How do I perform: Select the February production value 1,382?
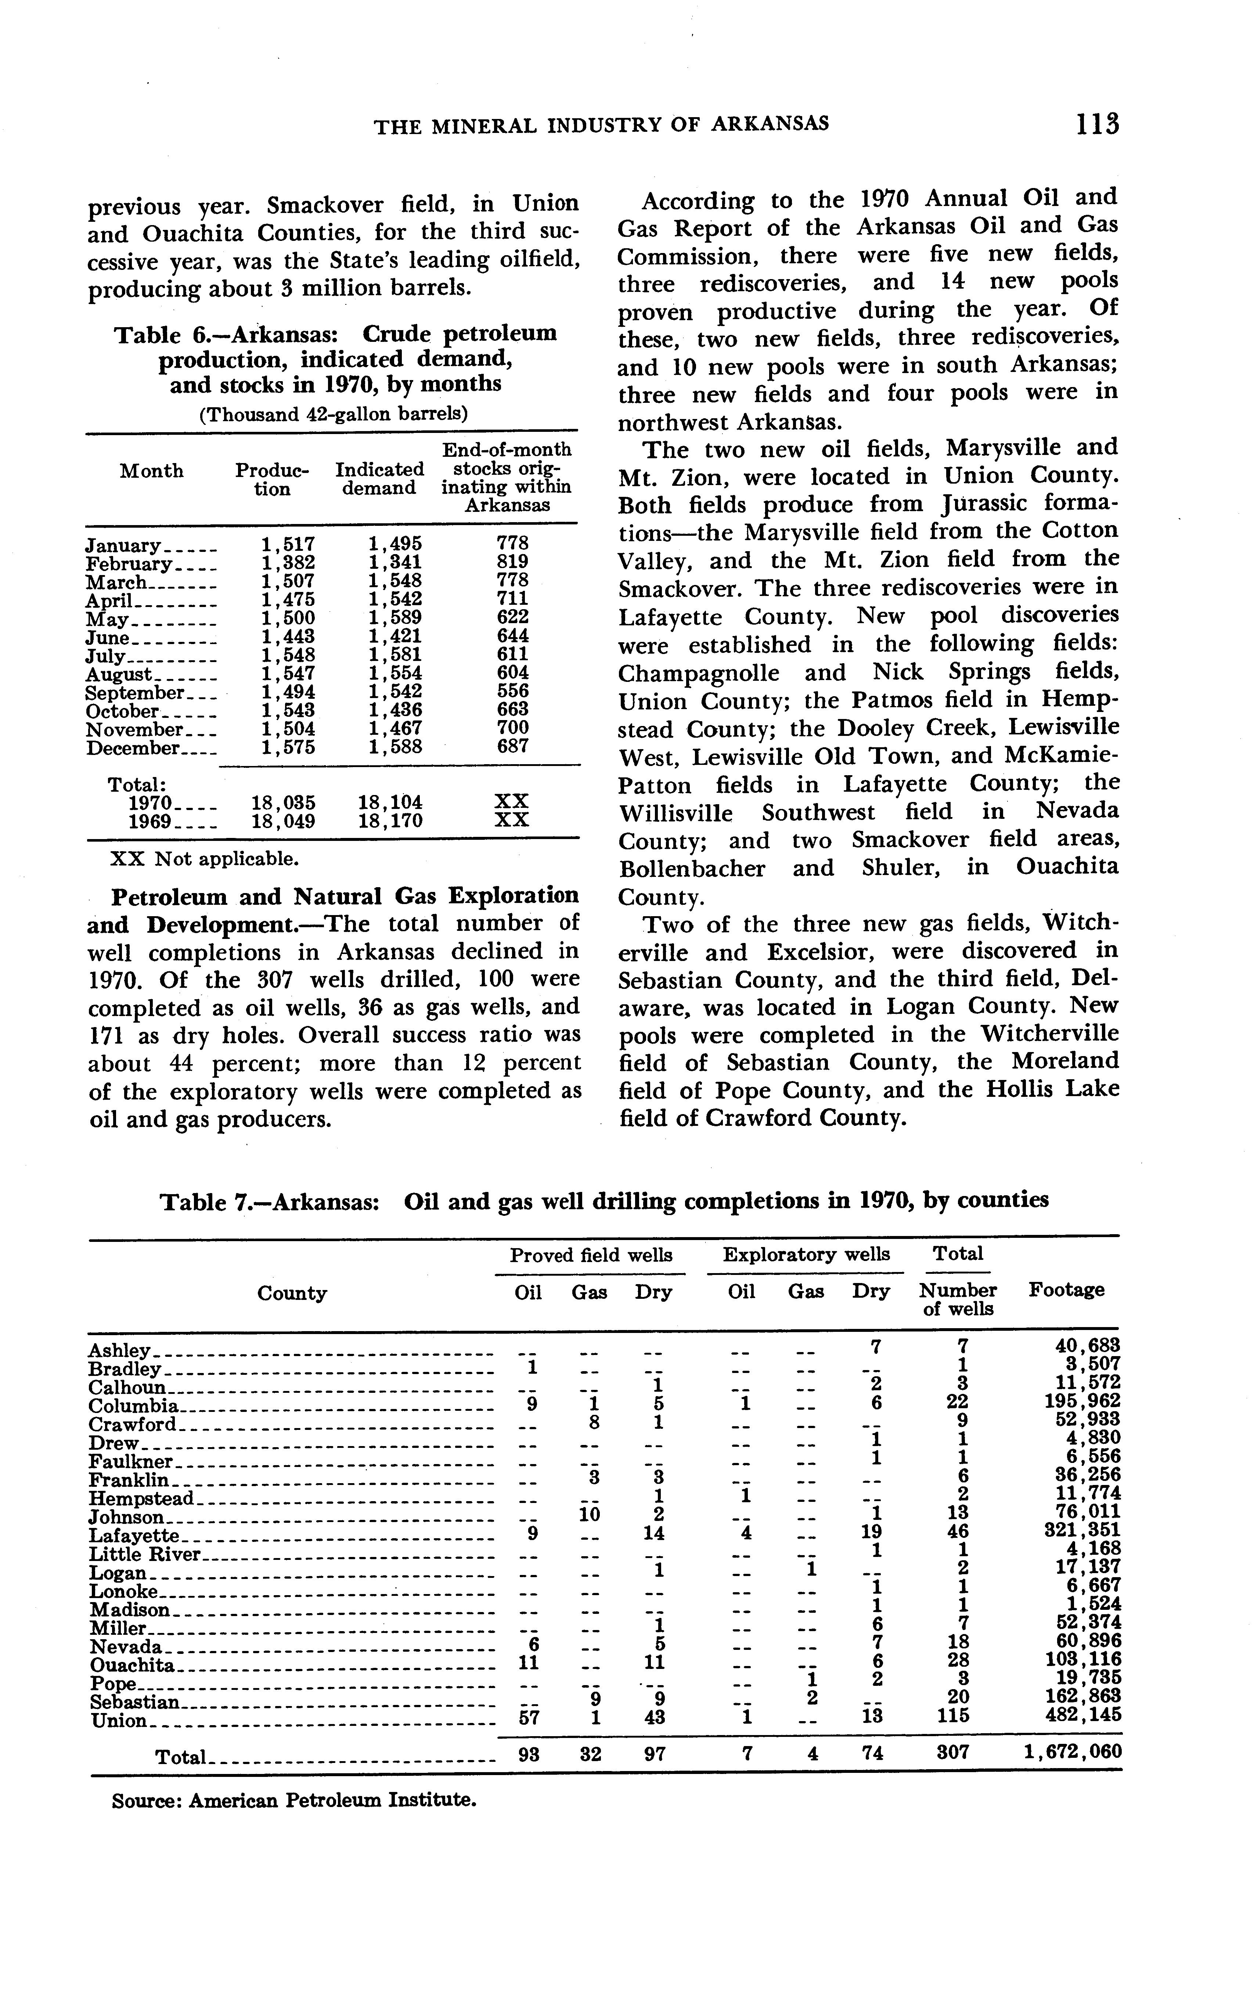[x=287, y=563]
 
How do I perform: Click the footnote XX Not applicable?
[x=204, y=858]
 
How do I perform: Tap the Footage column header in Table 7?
[x=1067, y=1289]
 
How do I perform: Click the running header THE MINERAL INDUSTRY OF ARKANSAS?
[x=601, y=125]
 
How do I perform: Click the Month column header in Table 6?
[x=152, y=471]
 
